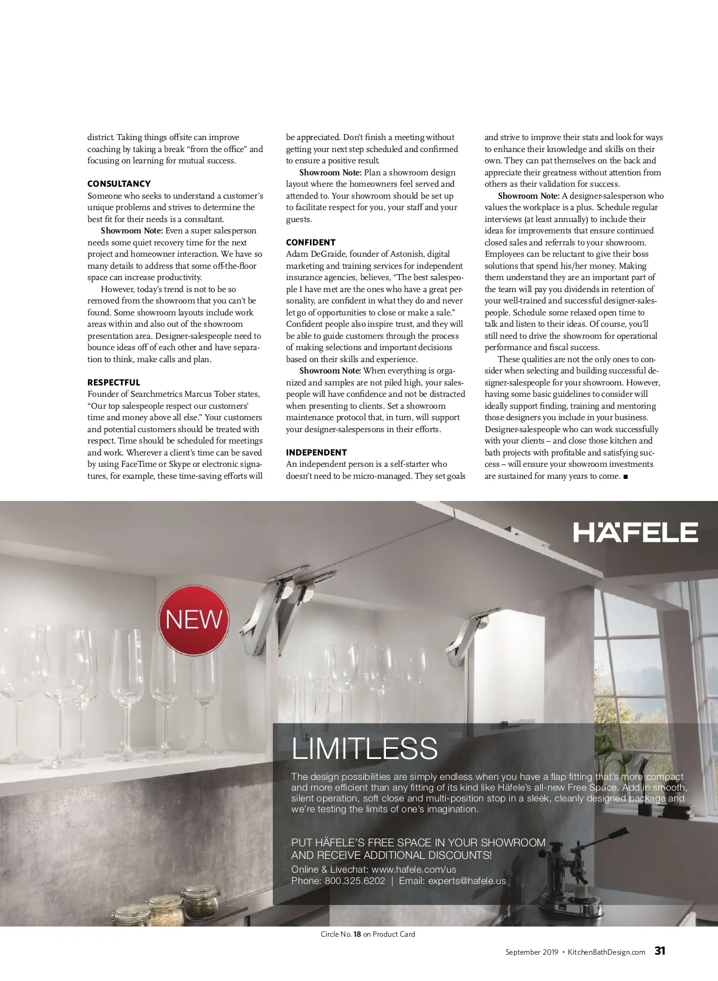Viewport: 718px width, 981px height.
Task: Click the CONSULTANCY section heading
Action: tap(118, 184)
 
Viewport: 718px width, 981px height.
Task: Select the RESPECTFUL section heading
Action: tap(114, 382)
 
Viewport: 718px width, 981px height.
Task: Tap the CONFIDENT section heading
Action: tap(311, 242)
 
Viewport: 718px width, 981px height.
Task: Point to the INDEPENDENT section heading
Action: tap(316, 452)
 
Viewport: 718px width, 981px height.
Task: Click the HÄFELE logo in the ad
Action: tap(635, 532)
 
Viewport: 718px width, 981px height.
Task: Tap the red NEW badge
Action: tap(194, 619)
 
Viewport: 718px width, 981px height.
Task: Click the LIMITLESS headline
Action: tap(364, 748)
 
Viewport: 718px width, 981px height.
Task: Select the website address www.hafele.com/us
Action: tap(413, 869)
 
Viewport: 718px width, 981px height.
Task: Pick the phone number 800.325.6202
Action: tap(355, 880)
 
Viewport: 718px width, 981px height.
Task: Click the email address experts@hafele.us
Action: tap(467, 880)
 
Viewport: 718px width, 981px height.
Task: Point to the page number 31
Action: tap(660, 950)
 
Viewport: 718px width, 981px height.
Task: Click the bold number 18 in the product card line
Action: tap(357, 934)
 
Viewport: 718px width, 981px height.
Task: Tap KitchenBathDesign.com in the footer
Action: tap(606, 952)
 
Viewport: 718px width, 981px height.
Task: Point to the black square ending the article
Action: tap(625, 476)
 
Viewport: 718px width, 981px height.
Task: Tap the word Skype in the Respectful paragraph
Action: tap(180, 464)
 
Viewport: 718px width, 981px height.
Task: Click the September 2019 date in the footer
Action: tap(531, 952)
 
